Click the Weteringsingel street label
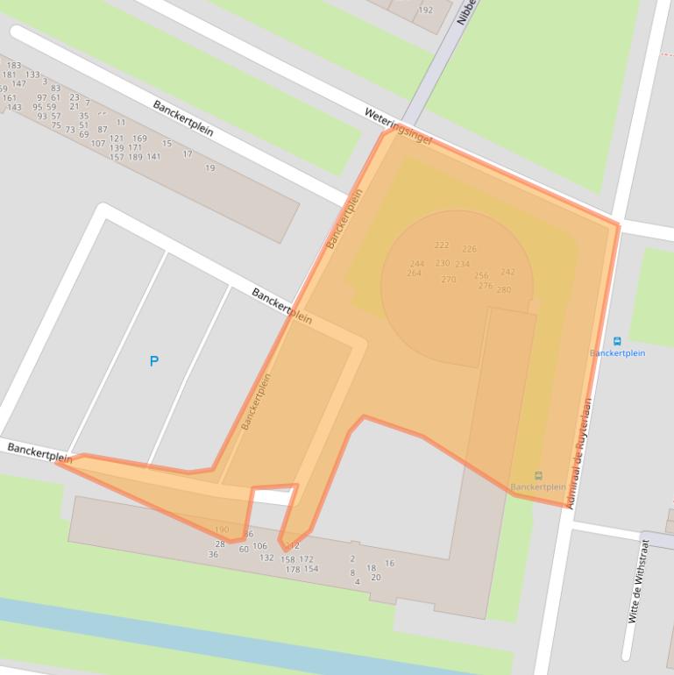(x=398, y=125)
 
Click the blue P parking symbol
(x=154, y=361)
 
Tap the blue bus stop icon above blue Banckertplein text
(x=617, y=341)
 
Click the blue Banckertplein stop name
(x=617, y=353)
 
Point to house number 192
(x=425, y=11)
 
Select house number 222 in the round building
(x=442, y=245)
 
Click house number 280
(x=503, y=289)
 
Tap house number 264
(x=415, y=274)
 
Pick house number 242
(x=507, y=272)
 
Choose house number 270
(x=449, y=280)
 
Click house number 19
(x=209, y=167)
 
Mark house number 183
(x=14, y=66)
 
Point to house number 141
(x=153, y=158)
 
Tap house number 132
(x=266, y=558)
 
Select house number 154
(x=311, y=569)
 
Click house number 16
(x=389, y=563)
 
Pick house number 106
(x=259, y=546)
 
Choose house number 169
(x=139, y=139)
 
